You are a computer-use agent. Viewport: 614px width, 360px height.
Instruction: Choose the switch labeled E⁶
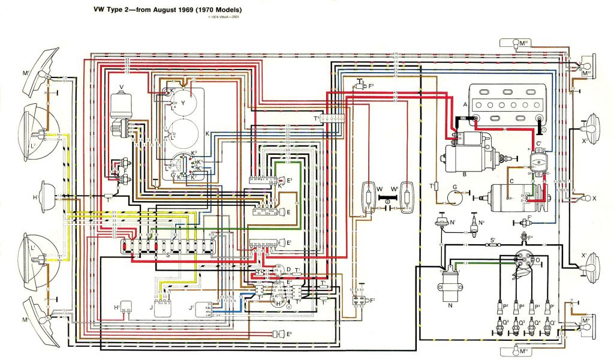[277, 334]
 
